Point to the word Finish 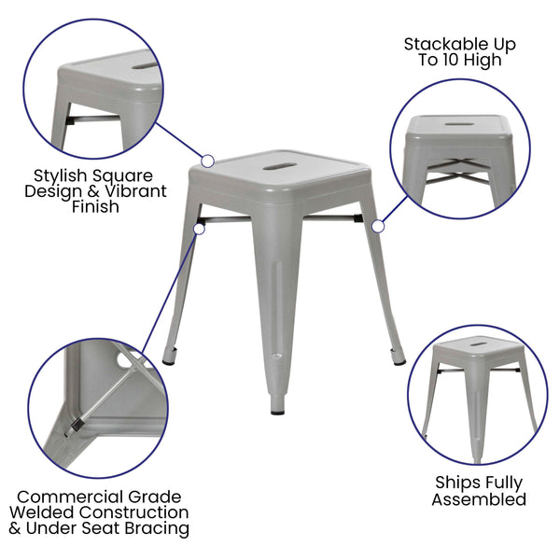[x=95, y=207]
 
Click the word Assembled [x=478, y=499]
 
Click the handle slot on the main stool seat [x=277, y=167]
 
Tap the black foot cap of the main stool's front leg [x=278, y=409]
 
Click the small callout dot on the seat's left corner [x=207, y=161]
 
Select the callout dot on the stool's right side [x=378, y=226]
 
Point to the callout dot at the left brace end [x=198, y=225]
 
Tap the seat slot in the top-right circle [x=458, y=124]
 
